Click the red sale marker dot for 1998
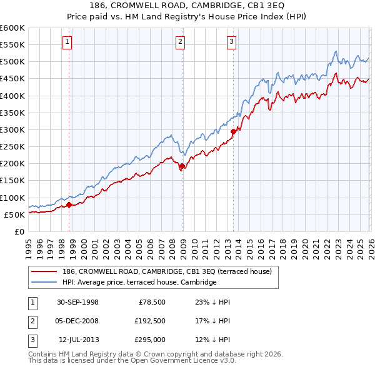click(x=69, y=205)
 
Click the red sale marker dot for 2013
click(x=233, y=131)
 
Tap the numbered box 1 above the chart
click(x=67, y=42)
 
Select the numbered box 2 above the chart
click(x=180, y=42)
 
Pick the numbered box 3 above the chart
click(x=231, y=42)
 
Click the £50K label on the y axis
click(x=14, y=215)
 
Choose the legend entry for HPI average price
click(x=139, y=283)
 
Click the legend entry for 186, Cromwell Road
click(x=166, y=272)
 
